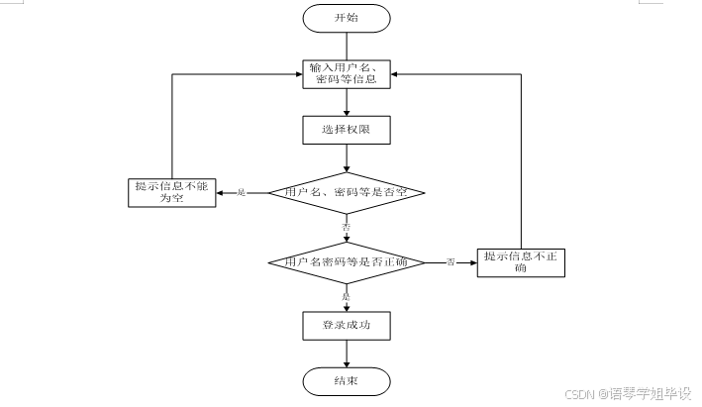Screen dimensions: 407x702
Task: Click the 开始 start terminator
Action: click(347, 18)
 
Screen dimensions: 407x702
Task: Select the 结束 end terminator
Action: click(347, 381)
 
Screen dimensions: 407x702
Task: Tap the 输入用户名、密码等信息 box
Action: click(347, 74)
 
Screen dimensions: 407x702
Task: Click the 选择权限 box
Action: click(347, 130)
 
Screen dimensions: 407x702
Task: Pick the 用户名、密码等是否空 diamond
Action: click(347, 192)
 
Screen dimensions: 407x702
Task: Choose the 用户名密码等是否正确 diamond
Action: click(347, 262)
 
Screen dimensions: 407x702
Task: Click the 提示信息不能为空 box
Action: click(173, 192)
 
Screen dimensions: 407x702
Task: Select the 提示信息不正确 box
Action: click(521, 262)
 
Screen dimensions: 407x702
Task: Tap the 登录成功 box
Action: click(347, 325)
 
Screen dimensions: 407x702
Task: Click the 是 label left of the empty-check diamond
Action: click(241, 192)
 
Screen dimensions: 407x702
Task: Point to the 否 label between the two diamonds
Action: click(347, 227)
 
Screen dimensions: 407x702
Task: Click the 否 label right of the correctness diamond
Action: click(451, 261)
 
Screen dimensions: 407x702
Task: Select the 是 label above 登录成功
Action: click(347, 296)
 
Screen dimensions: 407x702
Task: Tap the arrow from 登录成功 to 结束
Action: click(347, 353)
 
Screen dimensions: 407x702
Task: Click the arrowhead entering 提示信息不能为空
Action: click(221, 192)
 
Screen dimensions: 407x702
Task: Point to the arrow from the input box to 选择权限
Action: click(347, 103)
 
